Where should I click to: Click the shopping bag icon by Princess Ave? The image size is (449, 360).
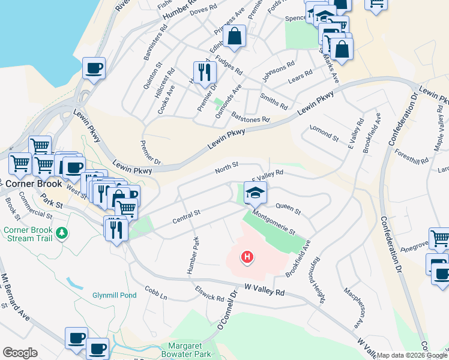coord(235,36)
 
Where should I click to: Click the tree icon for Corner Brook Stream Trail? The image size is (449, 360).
coord(61,232)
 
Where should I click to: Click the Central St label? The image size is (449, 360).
coord(185,214)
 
